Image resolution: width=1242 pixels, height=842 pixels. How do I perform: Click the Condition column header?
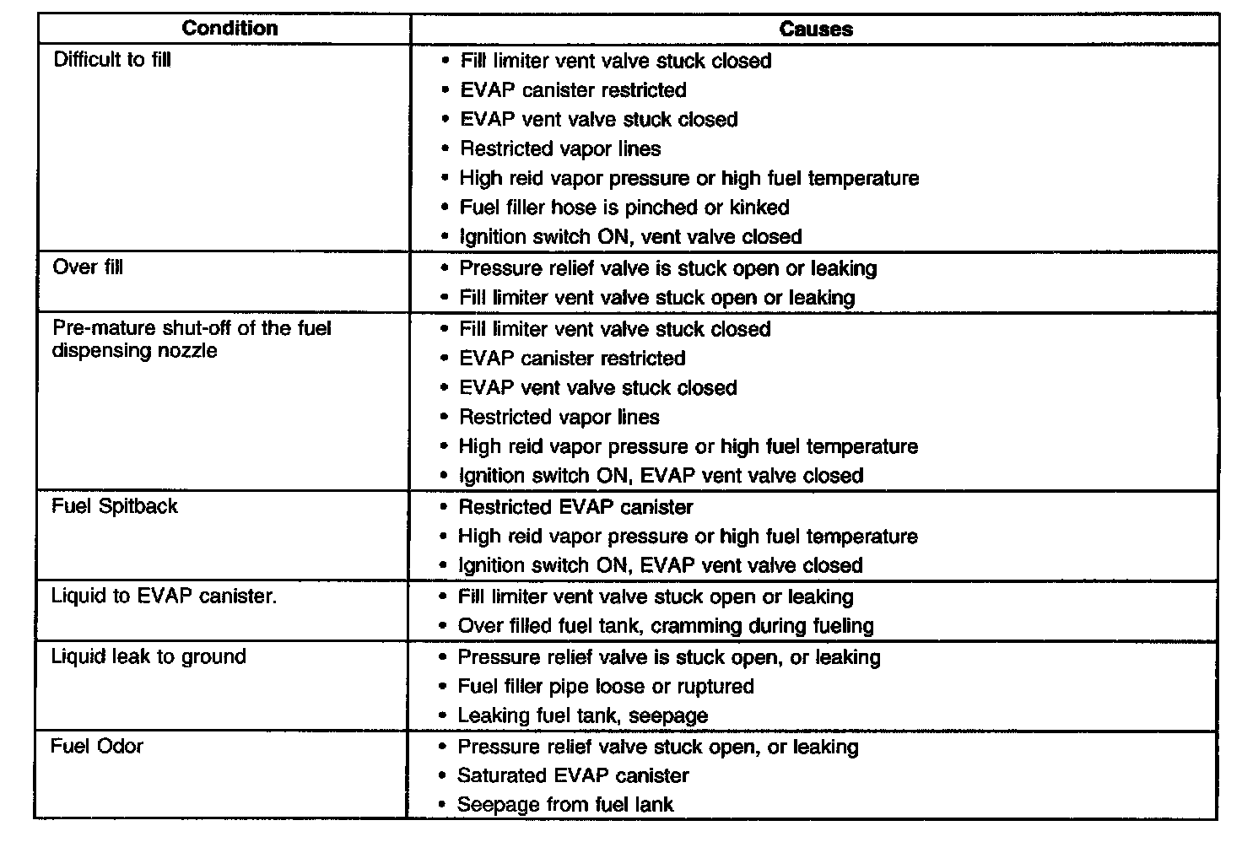tap(229, 28)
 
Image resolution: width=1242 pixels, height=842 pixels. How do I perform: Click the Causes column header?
tap(815, 29)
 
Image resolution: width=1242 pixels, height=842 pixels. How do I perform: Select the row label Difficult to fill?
tap(111, 60)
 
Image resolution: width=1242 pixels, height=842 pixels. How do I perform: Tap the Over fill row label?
tap(88, 267)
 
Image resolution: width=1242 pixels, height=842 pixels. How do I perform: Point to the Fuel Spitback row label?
tap(115, 506)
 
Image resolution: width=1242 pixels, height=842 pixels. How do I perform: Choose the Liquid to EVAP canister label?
tap(164, 596)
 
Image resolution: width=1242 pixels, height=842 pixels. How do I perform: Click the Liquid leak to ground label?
tap(148, 656)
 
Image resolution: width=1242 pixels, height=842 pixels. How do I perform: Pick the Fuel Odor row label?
tap(97, 746)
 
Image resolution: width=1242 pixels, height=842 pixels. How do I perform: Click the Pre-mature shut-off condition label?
tap(192, 339)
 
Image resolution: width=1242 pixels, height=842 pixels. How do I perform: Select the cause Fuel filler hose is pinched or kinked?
tap(624, 208)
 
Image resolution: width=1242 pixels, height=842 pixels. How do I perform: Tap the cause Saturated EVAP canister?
tap(573, 775)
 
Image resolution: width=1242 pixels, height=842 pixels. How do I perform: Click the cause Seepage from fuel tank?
tap(565, 805)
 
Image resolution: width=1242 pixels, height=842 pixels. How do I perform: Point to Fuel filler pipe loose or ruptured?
tap(606, 686)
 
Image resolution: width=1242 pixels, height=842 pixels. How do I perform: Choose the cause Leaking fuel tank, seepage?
tap(582, 715)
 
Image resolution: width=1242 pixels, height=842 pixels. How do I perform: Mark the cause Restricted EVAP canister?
tap(575, 507)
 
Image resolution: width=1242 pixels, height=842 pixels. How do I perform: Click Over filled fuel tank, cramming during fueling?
tap(666, 626)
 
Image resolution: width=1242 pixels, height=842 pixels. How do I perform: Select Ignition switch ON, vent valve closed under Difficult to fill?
tap(630, 237)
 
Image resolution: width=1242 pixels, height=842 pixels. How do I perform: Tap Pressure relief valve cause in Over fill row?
tap(667, 268)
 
